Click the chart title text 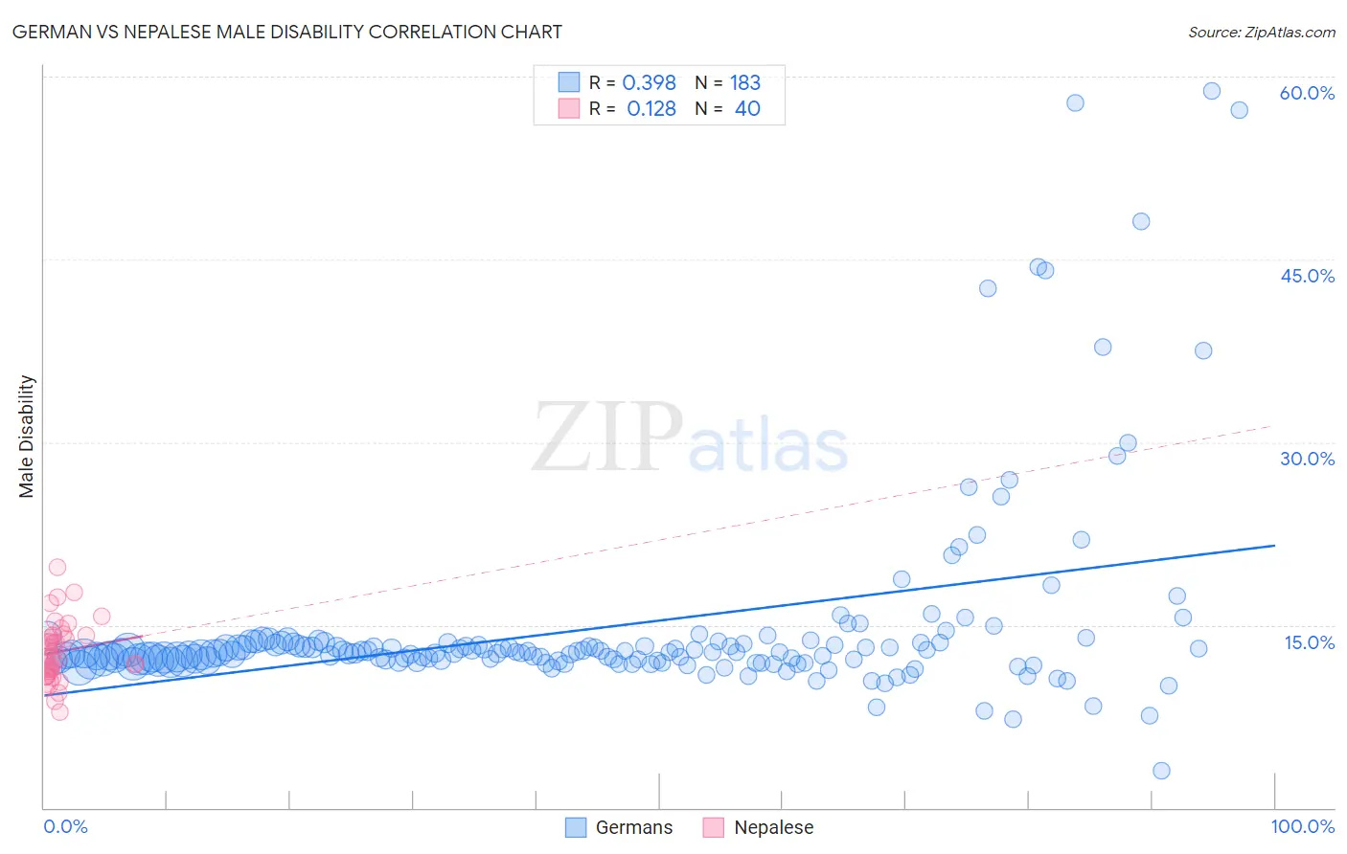(x=287, y=32)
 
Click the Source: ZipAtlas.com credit (x=1261, y=33)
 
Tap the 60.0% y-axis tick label (x=1307, y=93)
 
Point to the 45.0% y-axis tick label (x=1307, y=276)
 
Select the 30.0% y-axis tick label (x=1307, y=459)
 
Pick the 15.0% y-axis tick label (x=1309, y=642)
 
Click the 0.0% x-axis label (x=65, y=826)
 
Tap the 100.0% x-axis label (x=1302, y=826)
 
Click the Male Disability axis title (x=26, y=436)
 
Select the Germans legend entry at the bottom (x=619, y=827)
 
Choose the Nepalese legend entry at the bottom (x=759, y=827)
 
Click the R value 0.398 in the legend (x=649, y=83)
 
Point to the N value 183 (x=744, y=83)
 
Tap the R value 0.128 (x=651, y=109)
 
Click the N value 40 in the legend (x=747, y=109)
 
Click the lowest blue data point (x=1161, y=771)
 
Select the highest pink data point (x=57, y=567)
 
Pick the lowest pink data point (x=59, y=711)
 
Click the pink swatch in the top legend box (x=569, y=108)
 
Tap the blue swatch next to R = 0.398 (x=569, y=82)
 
